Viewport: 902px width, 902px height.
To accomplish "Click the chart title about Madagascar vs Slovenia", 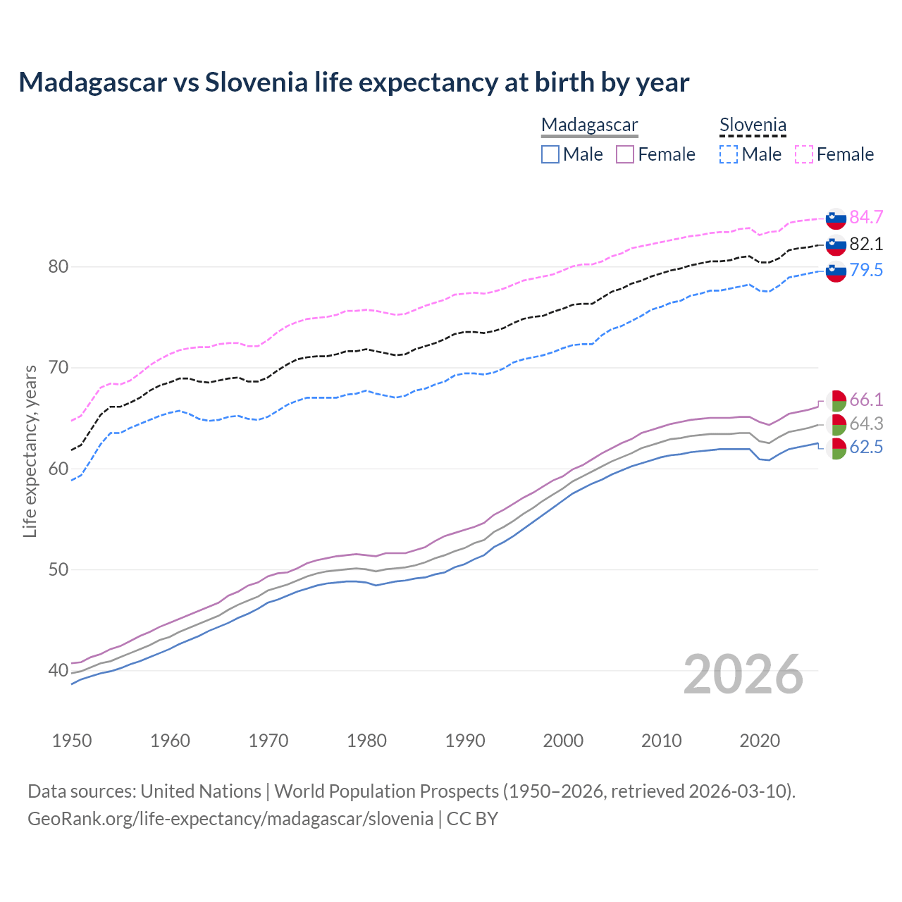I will coord(354,82).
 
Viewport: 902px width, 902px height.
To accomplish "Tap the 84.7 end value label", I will coord(866,217).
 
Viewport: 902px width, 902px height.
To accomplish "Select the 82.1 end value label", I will coord(866,244).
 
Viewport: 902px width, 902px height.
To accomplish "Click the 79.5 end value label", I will coord(866,270).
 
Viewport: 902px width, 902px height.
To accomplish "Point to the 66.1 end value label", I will coord(866,400).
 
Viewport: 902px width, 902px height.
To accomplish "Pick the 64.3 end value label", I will coord(866,424).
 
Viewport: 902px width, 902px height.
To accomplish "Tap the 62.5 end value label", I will coord(866,447).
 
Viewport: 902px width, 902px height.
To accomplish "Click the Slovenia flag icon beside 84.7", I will coord(836,218).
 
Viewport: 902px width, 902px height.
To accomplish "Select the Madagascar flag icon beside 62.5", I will coord(836,448).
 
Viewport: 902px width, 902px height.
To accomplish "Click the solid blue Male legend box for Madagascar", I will coord(550,154).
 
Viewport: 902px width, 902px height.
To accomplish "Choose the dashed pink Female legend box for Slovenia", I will coord(804,154).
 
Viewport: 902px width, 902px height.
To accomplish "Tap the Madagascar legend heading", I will coord(590,125).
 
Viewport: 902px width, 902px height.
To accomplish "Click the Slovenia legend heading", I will coord(753,125).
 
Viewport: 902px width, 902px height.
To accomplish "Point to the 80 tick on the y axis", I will coord(58,266).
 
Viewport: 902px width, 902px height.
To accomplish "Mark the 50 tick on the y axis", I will coord(58,569).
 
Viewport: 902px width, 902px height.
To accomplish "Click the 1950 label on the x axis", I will coord(72,741).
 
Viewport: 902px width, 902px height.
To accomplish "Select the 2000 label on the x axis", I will coord(563,741).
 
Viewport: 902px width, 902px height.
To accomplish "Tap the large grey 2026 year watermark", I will coord(743,674).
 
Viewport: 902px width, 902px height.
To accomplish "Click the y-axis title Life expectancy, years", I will coord(30,451).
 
